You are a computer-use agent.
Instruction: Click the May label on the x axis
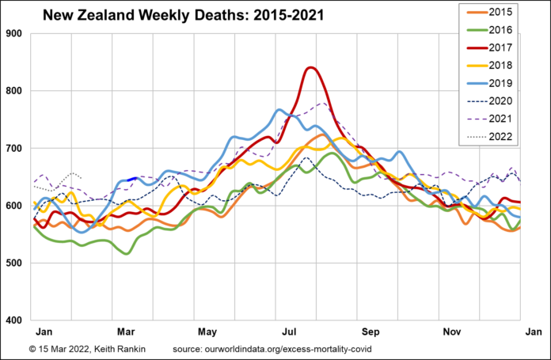tap(207, 332)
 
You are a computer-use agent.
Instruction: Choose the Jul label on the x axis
tap(288, 332)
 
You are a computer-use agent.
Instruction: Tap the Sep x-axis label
tap(370, 332)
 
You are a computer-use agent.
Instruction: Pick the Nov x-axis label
tap(451, 332)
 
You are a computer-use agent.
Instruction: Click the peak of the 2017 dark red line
tap(310, 67)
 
